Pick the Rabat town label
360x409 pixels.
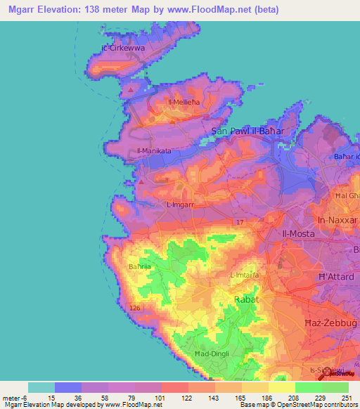[246, 299]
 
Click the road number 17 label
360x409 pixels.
[240, 223]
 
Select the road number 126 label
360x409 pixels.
[136, 307]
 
